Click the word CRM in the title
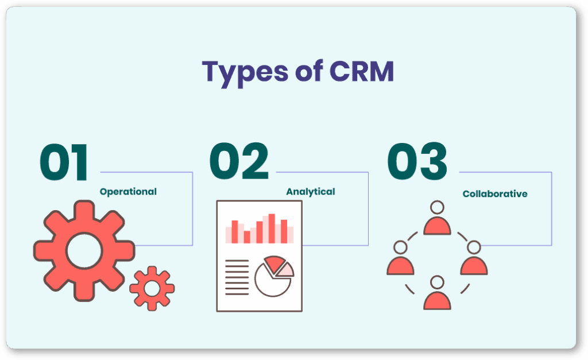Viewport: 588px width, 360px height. [x=362, y=71]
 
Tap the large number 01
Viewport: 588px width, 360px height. [x=64, y=162]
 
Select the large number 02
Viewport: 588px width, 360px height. [x=239, y=161]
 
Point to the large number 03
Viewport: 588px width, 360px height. [x=417, y=161]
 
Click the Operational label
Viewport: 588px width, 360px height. [x=128, y=192]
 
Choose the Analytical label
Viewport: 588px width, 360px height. [x=311, y=192]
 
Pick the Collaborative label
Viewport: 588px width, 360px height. [x=495, y=194]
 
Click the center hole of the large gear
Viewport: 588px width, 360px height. [x=84, y=251]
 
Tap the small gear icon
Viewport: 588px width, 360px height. [x=152, y=288]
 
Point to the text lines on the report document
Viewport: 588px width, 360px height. [x=237, y=277]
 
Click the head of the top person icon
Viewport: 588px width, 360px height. [x=437, y=207]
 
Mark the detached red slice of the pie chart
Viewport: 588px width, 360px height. [x=274, y=264]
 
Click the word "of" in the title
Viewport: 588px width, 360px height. [x=309, y=71]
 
